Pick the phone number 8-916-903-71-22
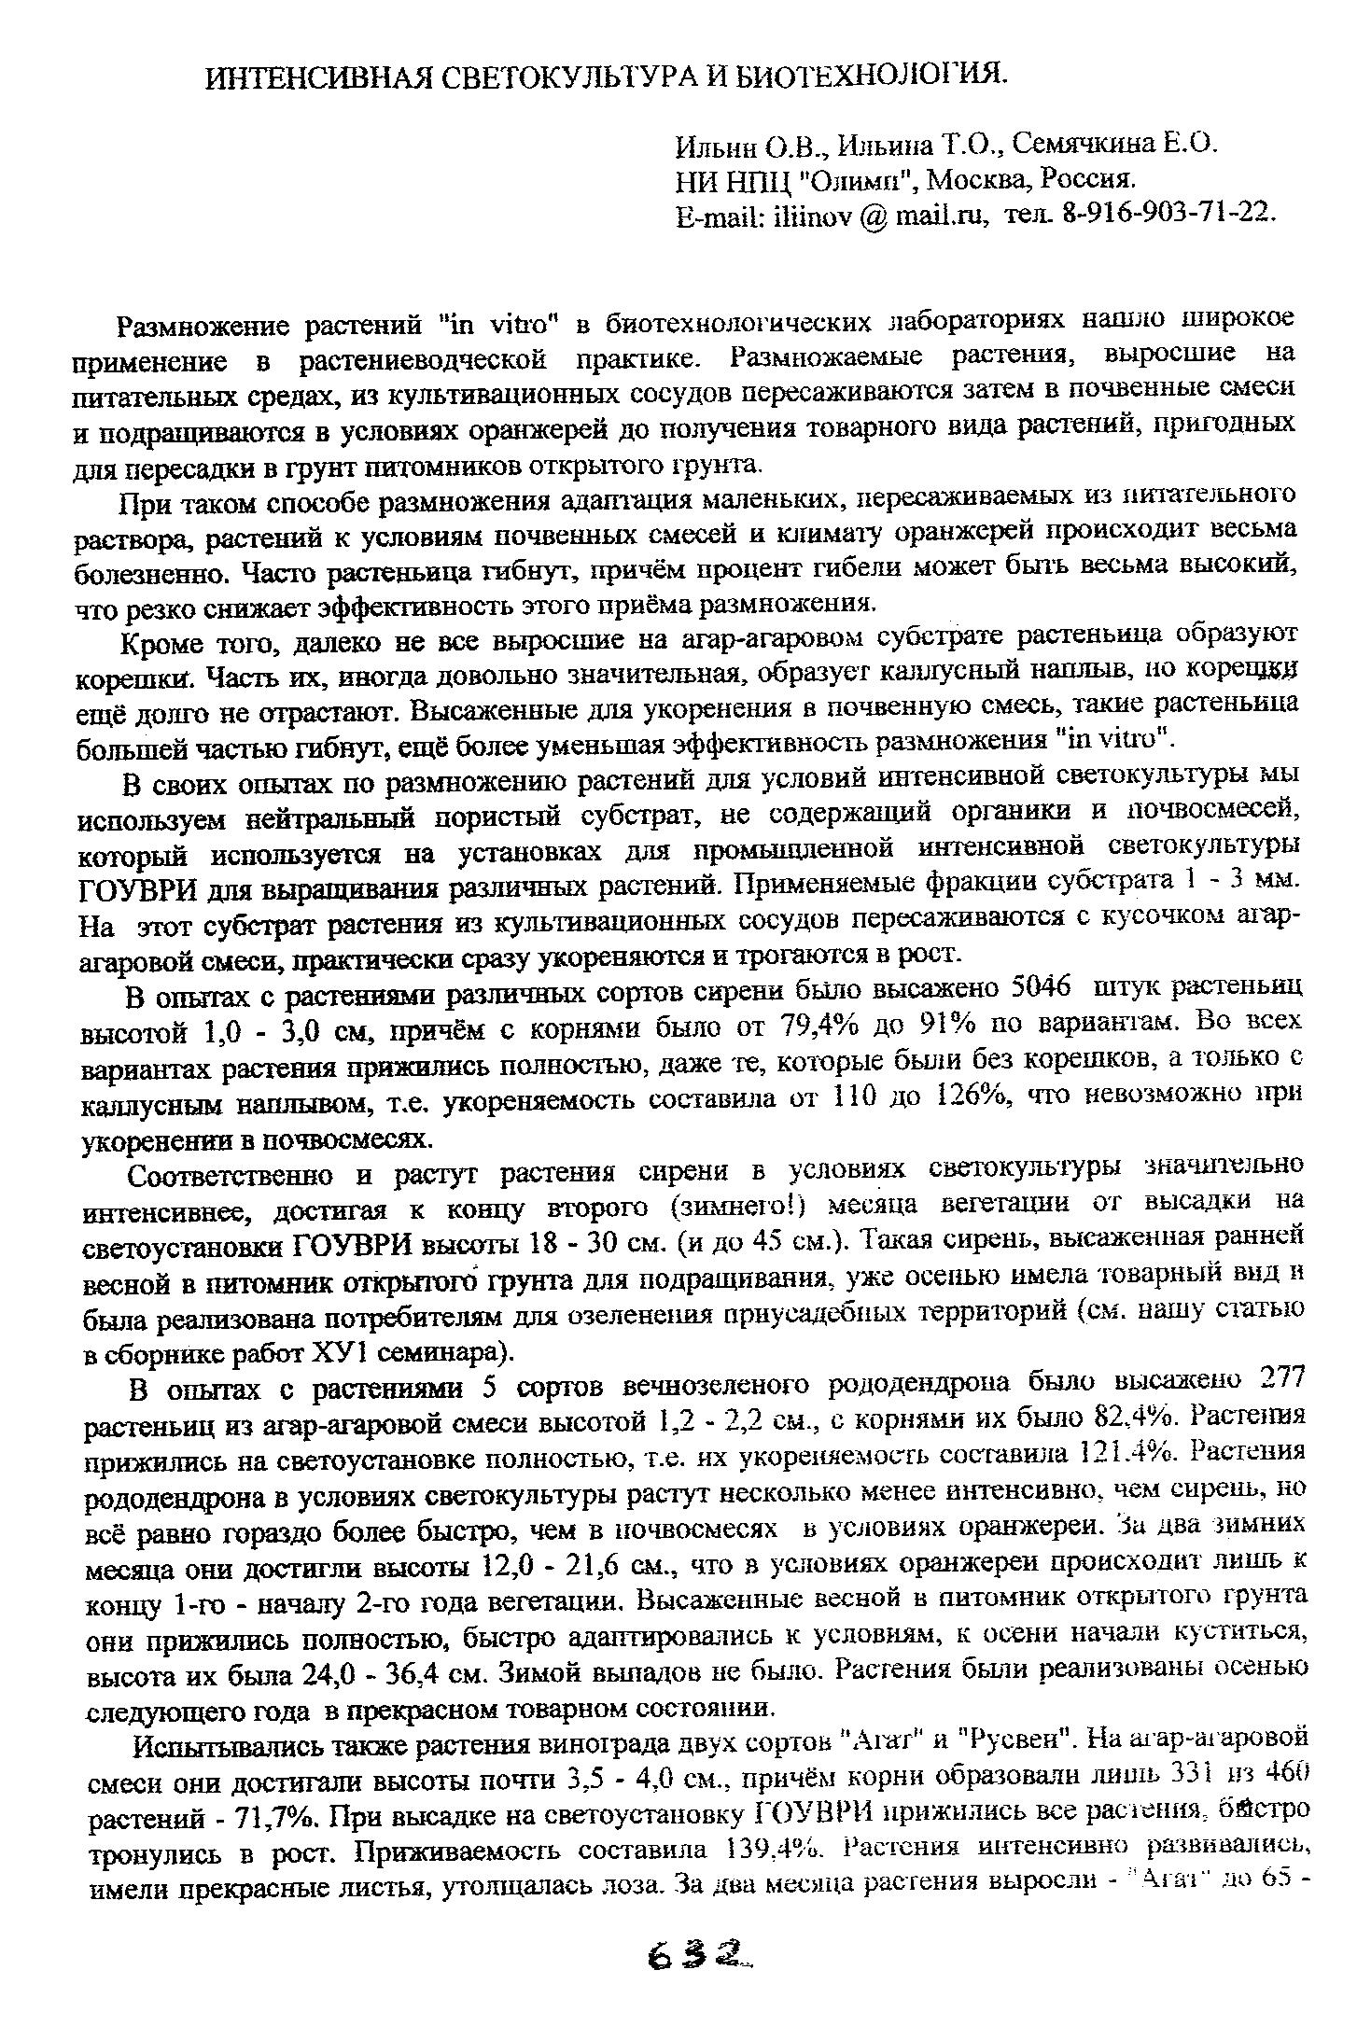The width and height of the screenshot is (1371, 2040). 1168,213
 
